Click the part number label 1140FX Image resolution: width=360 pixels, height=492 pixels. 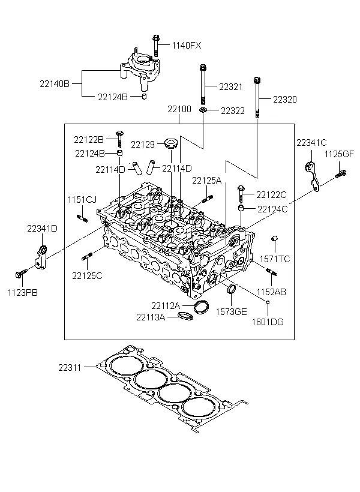[x=187, y=46]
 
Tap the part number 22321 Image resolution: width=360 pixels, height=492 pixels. [x=230, y=86]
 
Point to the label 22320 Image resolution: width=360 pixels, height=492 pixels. [x=285, y=98]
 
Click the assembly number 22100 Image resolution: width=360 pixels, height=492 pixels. [x=179, y=110]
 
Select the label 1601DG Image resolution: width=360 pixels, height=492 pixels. [x=268, y=322]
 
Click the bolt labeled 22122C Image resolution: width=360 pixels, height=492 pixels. [x=241, y=193]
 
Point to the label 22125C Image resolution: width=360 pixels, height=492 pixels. [x=88, y=275]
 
